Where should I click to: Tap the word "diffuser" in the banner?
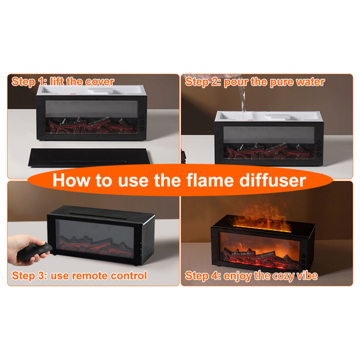pyautogui.click(x=272, y=180)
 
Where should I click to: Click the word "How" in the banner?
pyautogui.click(x=71, y=180)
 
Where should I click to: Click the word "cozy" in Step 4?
pyautogui.click(x=284, y=276)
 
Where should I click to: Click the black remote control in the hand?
pyautogui.click(x=34, y=252)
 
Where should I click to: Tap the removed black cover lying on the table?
pyautogui.click(x=89, y=157)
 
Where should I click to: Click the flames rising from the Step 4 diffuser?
pyautogui.click(x=262, y=217)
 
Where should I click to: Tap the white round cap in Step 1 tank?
pyautogui.click(x=101, y=90)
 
